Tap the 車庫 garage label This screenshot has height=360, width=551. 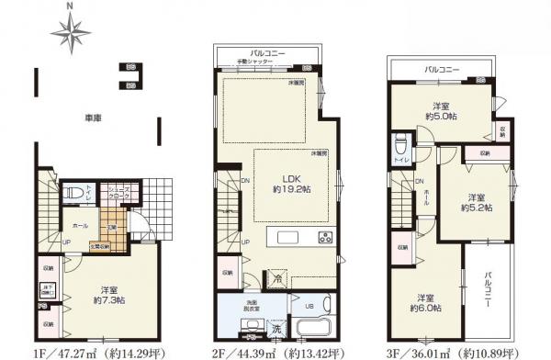[92, 118]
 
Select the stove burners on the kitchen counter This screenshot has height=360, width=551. [326, 240]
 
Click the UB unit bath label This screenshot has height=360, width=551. [308, 306]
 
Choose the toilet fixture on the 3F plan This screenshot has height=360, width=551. [399, 148]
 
